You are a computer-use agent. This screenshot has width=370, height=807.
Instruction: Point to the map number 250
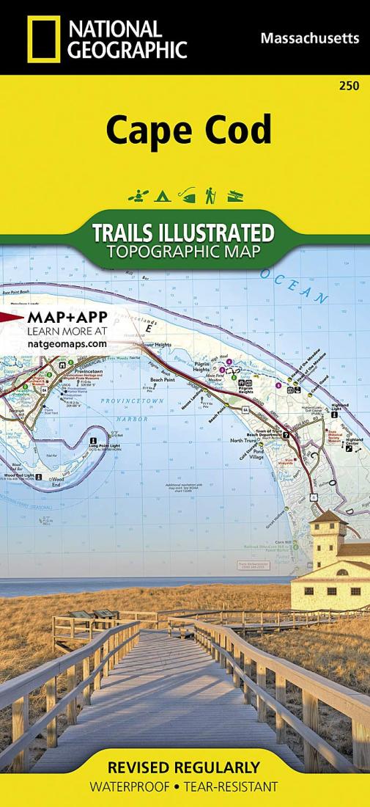pos(349,87)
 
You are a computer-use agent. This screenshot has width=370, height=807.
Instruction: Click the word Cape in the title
pos(142,130)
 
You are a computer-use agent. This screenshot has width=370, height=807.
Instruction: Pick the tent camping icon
pos(160,196)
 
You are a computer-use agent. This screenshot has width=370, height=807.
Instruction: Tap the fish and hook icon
pos(186,196)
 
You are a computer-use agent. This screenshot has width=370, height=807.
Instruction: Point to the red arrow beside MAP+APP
pos(11,318)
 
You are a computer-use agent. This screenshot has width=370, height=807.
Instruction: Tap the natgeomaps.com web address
pos(67,343)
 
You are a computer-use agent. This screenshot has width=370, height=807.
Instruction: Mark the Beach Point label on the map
pos(163,379)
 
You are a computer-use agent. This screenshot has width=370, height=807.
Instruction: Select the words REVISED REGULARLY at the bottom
pos(183,768)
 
